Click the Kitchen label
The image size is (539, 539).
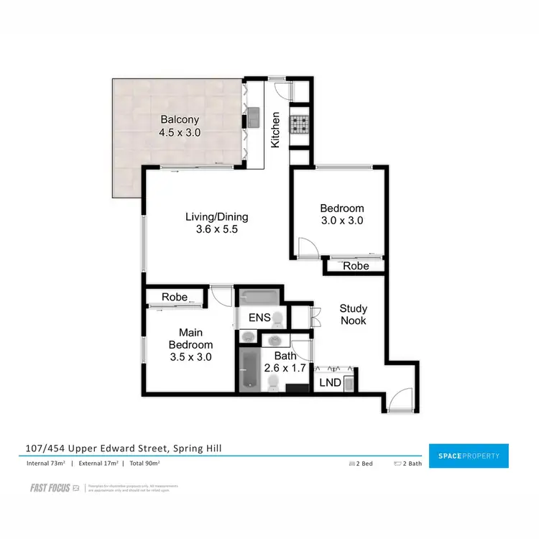coord(275,130)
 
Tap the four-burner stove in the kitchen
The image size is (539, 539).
coord(298,125)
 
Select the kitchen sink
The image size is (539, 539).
coord(254,114)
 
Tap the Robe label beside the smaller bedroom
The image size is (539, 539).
coord(355,266)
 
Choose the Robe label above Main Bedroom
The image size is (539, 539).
coord(175,296)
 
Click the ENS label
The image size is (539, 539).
coord(259,317)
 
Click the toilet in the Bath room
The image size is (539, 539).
coord(272,386)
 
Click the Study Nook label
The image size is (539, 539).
coord(353,314)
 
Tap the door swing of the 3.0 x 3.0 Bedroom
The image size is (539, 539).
coord(308,248)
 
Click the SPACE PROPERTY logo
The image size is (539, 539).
coord(468,456)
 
